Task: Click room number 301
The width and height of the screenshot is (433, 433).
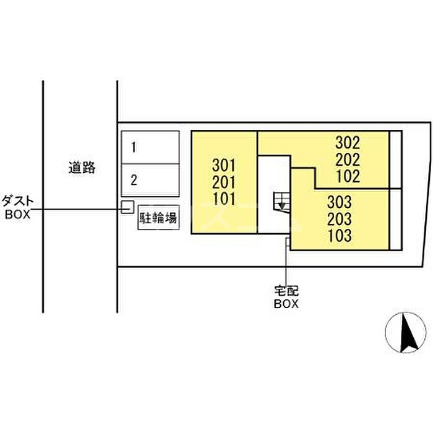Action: [x=224, y=165]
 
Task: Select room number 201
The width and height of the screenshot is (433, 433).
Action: [x=224, y=182]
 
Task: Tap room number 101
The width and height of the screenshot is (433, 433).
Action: [x=224, y=199]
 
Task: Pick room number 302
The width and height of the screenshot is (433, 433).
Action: [x=348, y=143]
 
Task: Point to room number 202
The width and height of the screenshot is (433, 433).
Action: [x=348, y=160]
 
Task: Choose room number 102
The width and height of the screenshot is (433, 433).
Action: [x=348, y=176]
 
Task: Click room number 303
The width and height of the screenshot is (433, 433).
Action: [x=340, y=202]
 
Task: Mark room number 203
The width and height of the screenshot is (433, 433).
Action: [x=340, y=219]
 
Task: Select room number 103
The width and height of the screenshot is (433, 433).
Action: [x=340, y=236]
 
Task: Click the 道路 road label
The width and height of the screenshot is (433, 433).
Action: [x=82, y=168]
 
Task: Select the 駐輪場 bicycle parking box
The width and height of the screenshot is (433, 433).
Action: [x=158, y=217]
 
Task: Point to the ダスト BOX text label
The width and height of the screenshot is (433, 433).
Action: [x=17, y=207]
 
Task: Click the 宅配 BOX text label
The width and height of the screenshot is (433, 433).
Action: [x=286, y=297]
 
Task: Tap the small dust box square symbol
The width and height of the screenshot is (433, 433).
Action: [x=127, y=207]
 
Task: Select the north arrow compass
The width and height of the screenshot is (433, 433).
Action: [x=405, y=333]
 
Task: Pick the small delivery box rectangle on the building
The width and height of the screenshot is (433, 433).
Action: [x=288, y=242]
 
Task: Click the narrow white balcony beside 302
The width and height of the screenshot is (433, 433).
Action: [x=395, y=160]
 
